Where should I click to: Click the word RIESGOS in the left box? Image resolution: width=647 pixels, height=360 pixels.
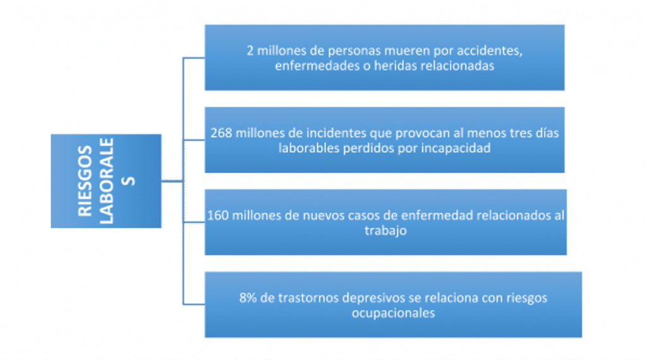[85, 181]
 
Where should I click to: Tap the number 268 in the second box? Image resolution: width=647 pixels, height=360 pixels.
[221, 133]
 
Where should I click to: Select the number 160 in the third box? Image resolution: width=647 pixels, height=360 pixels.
[217, 215]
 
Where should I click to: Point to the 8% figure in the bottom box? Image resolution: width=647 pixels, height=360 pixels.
[248, 297]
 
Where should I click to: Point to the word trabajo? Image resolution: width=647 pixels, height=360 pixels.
[385, 231]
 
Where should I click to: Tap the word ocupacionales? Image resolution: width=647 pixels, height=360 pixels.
[393, 313]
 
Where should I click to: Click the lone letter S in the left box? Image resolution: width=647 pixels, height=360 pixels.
[129, 181]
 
